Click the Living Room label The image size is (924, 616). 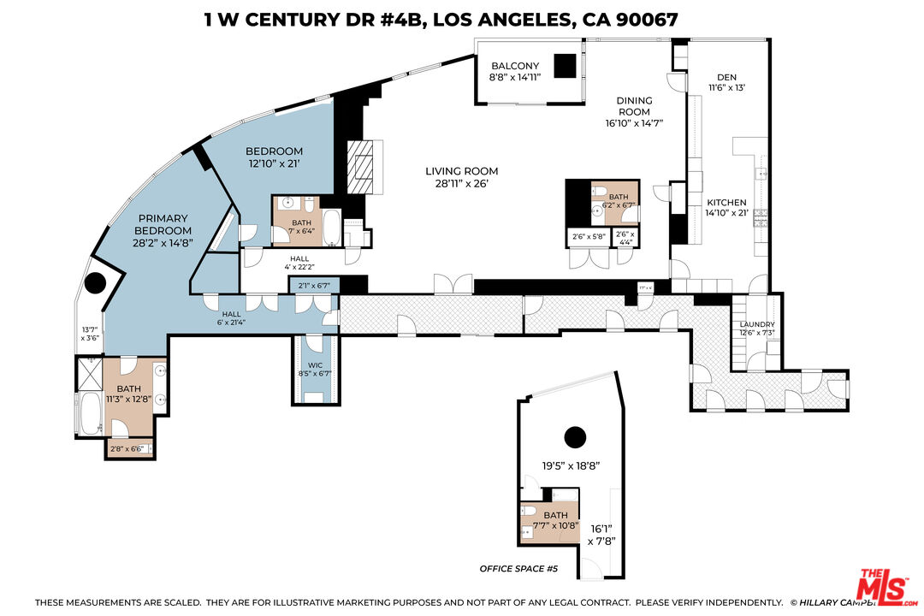[461, 171]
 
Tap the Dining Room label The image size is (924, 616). [634, 105]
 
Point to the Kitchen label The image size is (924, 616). [726, 200]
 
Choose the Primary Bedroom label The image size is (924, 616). [163, 224]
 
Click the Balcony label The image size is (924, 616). [514, 66]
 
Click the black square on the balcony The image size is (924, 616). [565, 67]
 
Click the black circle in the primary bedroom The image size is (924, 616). [95, 282]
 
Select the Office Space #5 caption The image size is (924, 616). [518, 569]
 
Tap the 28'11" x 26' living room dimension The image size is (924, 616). [461, 183]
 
